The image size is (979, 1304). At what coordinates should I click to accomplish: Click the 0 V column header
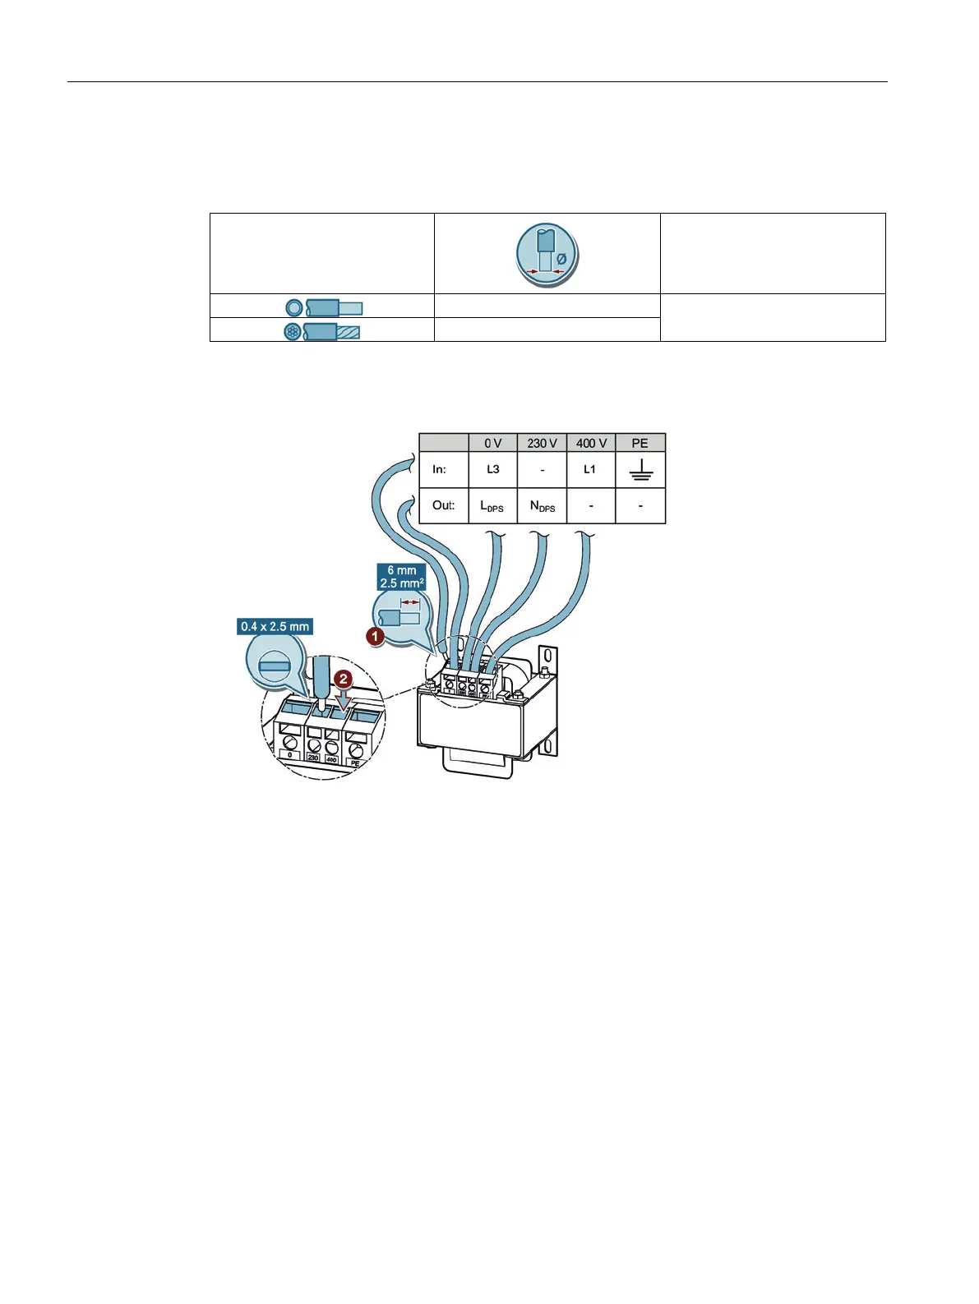coord(492,443)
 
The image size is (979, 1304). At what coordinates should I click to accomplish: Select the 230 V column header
coord(542,443)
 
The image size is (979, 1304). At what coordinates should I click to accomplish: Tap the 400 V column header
coord(591,443)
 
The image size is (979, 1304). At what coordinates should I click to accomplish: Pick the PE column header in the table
coord(640,443)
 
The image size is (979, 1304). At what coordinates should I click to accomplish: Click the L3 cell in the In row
coord(492,469)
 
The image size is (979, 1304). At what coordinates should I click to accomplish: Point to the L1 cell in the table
coord(590,469)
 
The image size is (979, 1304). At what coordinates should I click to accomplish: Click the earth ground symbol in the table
coord(640,470)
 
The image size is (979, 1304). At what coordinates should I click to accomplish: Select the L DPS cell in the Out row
coord(492,506)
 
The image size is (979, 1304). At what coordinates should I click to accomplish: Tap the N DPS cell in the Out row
coord(542,506)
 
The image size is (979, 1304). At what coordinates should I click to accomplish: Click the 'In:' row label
coord(440,469)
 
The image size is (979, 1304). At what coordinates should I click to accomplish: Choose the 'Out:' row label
coord(443,505)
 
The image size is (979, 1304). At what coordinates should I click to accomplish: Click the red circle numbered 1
coord(375,635)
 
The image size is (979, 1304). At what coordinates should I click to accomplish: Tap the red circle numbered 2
coord(344,680)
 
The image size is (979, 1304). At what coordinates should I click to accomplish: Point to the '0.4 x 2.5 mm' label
coord(275,627)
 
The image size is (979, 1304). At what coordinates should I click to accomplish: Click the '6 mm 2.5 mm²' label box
coord(402,577)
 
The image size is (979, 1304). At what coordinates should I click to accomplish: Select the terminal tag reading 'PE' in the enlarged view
coord(355,763)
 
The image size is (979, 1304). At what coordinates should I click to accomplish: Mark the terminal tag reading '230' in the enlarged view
coord(313,758)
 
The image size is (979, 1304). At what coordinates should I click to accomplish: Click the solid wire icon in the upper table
coord(324,308)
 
